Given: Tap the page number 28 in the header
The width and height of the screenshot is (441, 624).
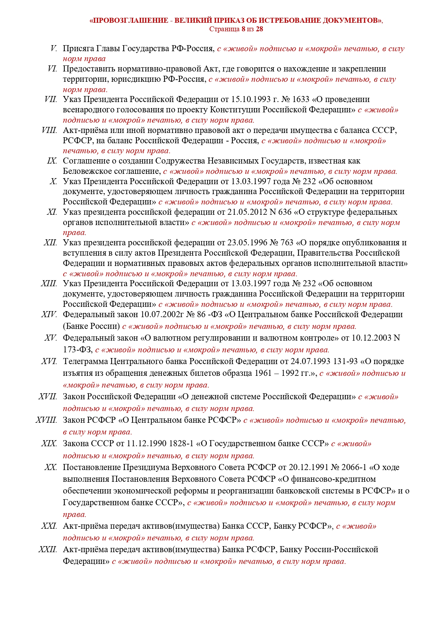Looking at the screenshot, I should coord(259,29).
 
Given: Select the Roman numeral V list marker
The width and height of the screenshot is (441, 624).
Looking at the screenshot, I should coord(54,48).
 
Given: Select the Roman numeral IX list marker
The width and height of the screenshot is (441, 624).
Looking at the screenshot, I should coord(52,161).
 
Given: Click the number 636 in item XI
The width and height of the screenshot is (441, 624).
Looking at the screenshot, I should coord(284,212).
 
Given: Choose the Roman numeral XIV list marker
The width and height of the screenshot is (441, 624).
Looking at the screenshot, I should coord(49,315).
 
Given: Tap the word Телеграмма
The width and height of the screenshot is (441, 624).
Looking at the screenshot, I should coord(85,362).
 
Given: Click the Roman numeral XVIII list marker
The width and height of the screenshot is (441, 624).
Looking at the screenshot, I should coord(46,420).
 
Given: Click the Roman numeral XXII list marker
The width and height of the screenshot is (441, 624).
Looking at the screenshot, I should coord(48,550).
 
